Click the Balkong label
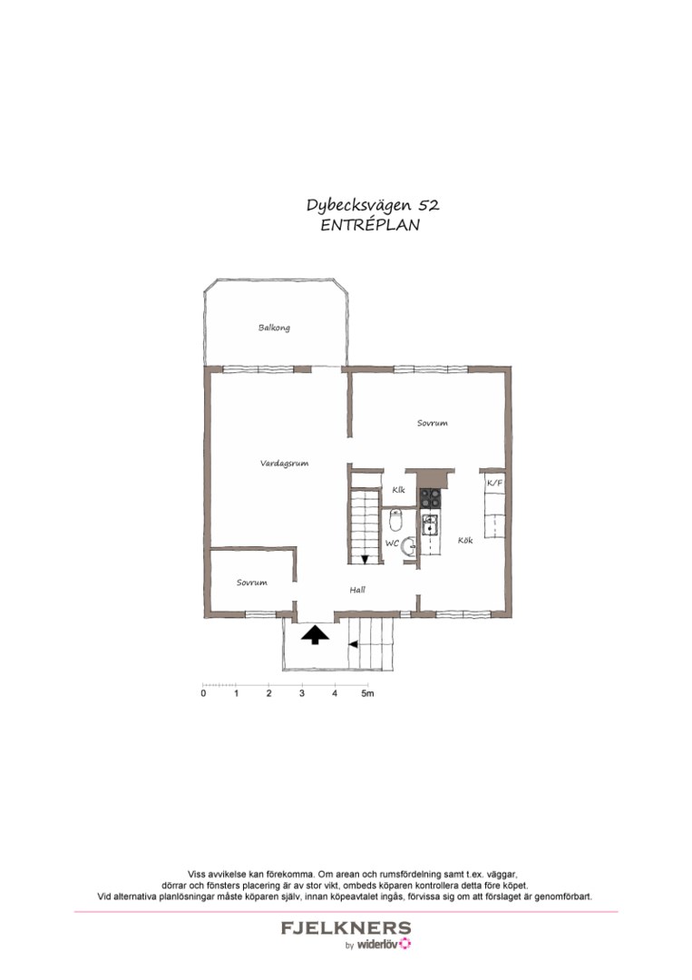[274, 328]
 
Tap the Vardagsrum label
[284, 463]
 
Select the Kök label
[465, 540]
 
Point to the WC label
[392, 543]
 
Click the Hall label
[357, 590]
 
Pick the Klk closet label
[398, 490]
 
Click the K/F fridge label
[494, 484]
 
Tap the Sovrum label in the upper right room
[432, 423]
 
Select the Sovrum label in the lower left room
[251, 583]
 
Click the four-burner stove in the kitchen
[430, 497]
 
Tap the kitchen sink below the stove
[430, 524]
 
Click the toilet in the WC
[395, 520]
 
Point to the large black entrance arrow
[315, 634]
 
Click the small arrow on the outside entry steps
[353, 643]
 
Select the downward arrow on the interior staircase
[365, 559]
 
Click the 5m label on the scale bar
[366, 694]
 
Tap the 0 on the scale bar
[203, 694]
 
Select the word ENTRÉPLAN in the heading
[370, 226]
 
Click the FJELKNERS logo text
[345, 928]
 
